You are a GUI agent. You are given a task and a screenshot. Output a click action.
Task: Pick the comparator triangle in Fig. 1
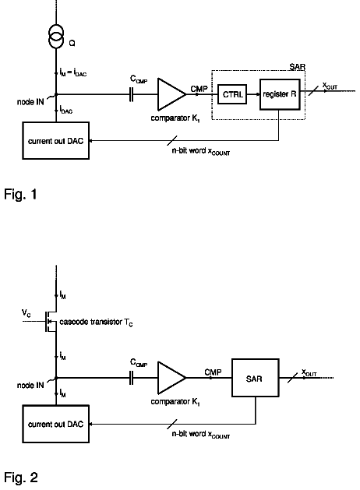[x=171, y=94]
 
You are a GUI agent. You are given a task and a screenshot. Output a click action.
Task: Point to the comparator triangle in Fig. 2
[x=171, y=378]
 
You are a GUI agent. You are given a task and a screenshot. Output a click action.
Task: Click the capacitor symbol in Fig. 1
[x=131, y=94]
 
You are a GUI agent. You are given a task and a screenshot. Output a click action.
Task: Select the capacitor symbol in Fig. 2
[x=131, y=378]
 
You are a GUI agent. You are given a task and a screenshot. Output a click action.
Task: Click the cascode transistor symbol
[x=51, y=321]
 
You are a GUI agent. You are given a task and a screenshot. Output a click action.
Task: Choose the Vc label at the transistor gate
[x=26, y=313]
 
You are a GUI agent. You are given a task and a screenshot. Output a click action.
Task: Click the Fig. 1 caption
[x=20, y=194]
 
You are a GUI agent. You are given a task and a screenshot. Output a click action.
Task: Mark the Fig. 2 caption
[x=21, y=478]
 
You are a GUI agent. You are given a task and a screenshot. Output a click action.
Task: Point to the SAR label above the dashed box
[x=297, y=66]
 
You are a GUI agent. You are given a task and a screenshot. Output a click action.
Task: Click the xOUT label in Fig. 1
[x=330, y=86]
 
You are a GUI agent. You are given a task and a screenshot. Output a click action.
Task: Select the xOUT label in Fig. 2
[x=309, y=372]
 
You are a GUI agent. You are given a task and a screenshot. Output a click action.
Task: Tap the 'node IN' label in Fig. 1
[x=30, y=102]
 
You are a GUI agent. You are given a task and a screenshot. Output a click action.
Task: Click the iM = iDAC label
[x=73, y=72]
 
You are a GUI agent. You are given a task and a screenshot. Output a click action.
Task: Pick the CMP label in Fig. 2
[x=214, y=372]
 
